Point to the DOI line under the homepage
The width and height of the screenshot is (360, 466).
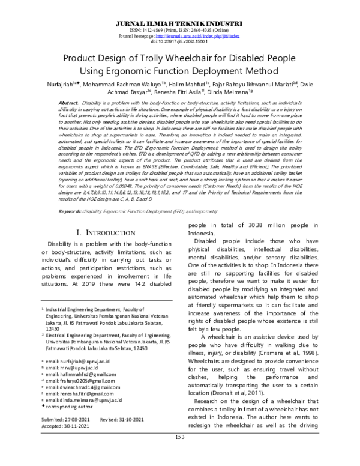pyautogui.click(x=180, y=41)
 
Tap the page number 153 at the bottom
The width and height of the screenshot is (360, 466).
pyautogui.click(x=180, y=454)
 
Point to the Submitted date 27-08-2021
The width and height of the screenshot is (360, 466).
pyautogui.click(x=77, y=418)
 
